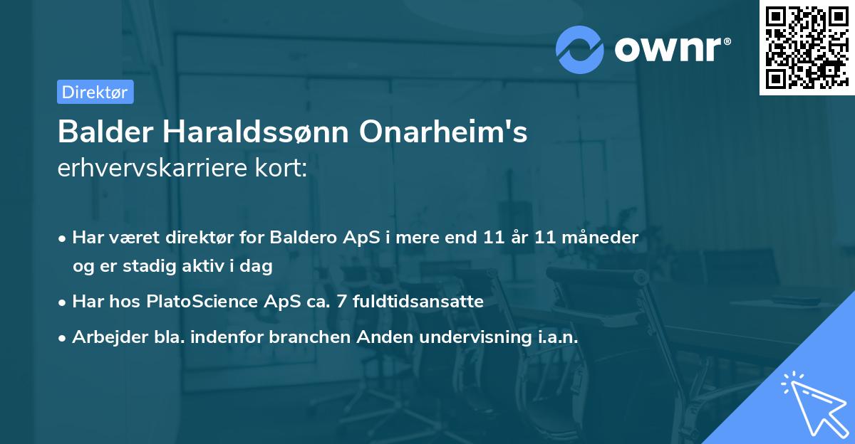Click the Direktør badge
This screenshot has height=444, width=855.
click(95, 92)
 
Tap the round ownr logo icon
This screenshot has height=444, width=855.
click(580, 49)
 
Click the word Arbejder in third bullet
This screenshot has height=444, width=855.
click(103, 337)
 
